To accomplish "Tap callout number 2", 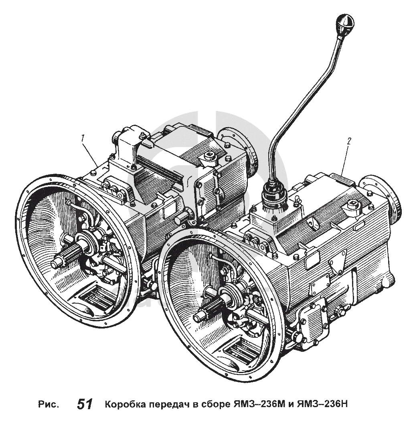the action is tap(349, 141).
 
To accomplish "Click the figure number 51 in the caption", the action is tap(85, 404).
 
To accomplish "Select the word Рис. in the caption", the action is tap(49, 404).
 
